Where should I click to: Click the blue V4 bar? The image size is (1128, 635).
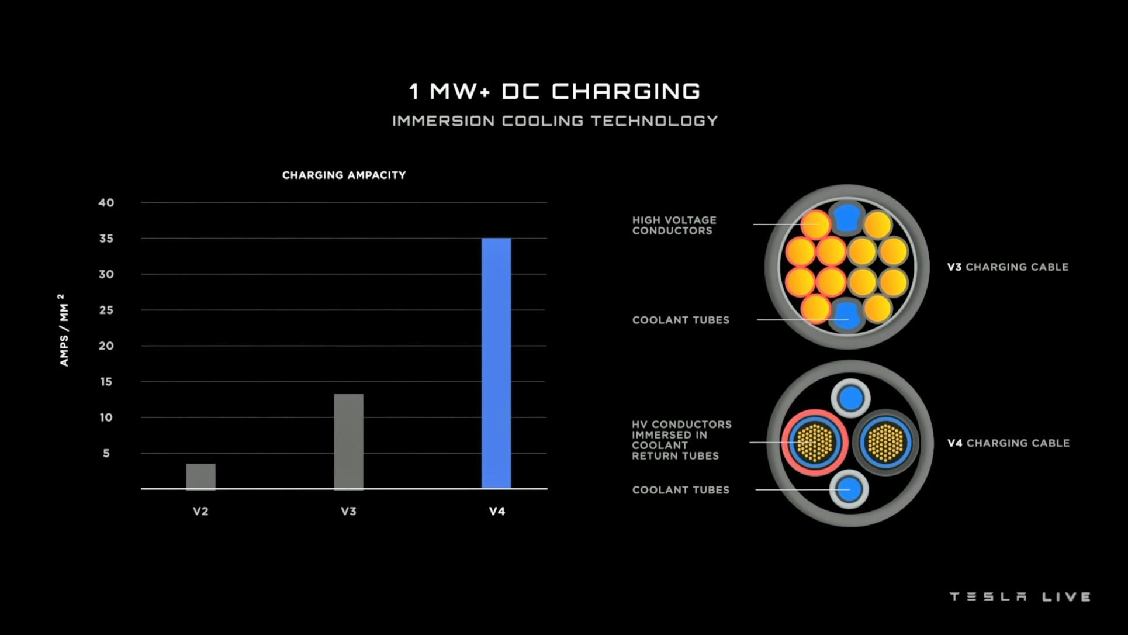click(496, 363)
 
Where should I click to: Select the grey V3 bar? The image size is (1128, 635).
click(348, 441)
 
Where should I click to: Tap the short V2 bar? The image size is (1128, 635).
click(200, 476)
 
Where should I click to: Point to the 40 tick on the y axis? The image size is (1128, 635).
click(106, 203)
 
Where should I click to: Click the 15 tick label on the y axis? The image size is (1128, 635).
click(106, 382)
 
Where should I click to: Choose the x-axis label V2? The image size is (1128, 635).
click(200, 511)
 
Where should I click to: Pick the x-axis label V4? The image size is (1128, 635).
click(497, 511)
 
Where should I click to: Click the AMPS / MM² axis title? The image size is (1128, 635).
click(64, 330)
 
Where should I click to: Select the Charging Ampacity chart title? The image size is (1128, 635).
click(344, 175)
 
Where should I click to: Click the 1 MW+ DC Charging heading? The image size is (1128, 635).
click(555, 91)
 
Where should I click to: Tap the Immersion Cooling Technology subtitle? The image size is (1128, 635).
click(555, 121)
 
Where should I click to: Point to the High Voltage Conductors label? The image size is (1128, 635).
click(674, 225)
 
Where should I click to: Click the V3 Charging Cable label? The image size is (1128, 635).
click(1008, 267)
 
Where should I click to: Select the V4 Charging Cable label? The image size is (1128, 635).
click(1008, 443)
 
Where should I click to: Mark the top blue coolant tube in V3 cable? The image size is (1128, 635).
click(846, 218)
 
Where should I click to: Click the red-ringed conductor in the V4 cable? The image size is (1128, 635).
click(814, 442)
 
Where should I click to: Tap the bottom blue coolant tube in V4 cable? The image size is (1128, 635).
click(849, 489)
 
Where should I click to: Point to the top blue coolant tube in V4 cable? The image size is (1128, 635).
click(851, 399)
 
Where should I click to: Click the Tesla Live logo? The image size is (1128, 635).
click(1020, 596)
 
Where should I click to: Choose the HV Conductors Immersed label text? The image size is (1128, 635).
click(681, 440)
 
